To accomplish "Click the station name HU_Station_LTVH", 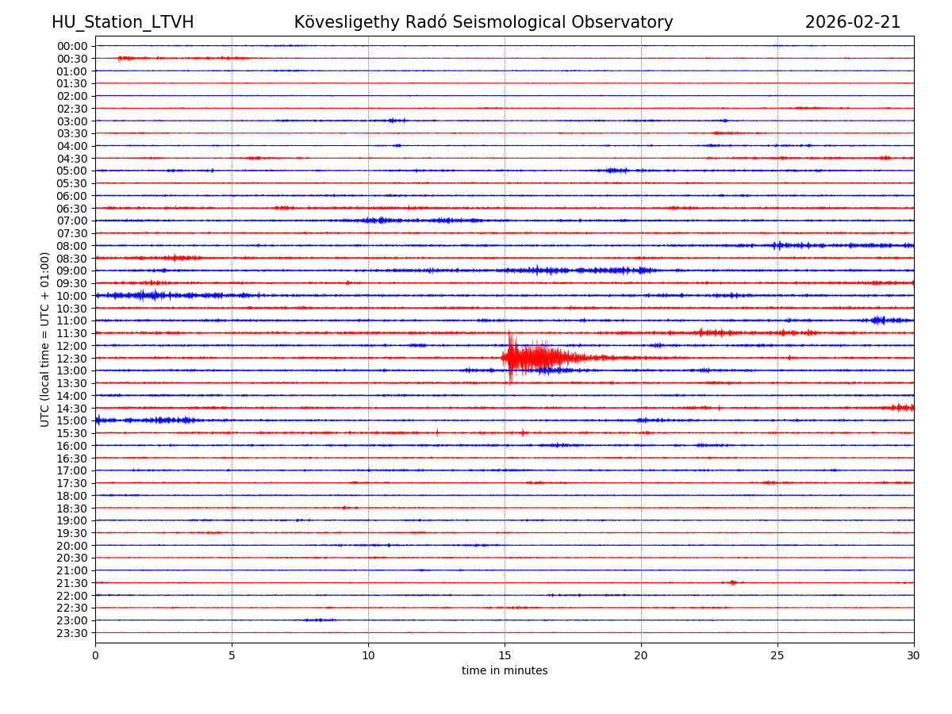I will click(x=122, y=22).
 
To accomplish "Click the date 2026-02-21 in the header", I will click(x=853, y=22).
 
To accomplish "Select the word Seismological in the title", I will click(x=539, y=22).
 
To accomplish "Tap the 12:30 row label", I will click(x=72, y=359).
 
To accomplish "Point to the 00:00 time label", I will click(x=72, y=46).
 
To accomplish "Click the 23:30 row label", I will click(x=72, y=633).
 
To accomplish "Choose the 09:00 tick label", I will click(x=72, y=271).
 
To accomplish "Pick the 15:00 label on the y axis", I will click(x=72, y=420).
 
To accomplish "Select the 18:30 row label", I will click(x=72, y=509).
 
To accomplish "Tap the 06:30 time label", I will click(x=72, y=209).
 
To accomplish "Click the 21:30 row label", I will click(x=72, y=583).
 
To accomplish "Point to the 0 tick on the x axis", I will click(x=95, y=656).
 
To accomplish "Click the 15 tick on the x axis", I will click(x=505, y=656).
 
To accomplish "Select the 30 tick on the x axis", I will click(x=914, y=656).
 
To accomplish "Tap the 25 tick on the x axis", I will click(x=777, y=656).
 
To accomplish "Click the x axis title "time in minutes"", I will click(x=505, y=671).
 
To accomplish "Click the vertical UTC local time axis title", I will click(x=45, y=340).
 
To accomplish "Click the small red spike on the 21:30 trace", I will click(x=732, y=582).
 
